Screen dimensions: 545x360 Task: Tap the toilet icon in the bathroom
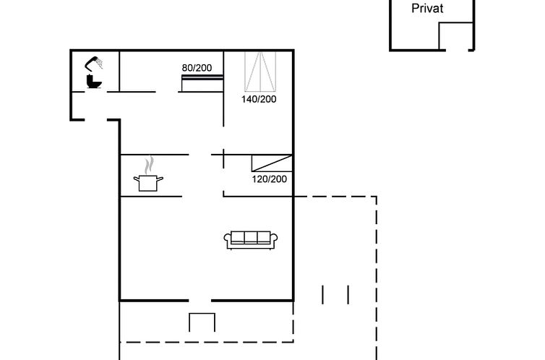point(93,81)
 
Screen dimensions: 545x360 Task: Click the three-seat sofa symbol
point(251,240)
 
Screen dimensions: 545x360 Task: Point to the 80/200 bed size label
point(197,68)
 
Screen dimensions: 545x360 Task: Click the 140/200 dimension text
point(259,99)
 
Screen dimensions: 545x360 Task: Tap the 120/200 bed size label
point(270,179)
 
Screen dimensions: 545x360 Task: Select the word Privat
point(427,9)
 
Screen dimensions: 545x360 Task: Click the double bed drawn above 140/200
point(260,72)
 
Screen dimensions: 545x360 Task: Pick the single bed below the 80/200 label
point(202,83)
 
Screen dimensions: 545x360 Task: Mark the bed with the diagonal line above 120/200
point(272,163)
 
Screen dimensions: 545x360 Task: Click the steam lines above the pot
point(149,165)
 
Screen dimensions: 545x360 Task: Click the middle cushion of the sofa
point(251,237)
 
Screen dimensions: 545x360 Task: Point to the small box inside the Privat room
point(455,36)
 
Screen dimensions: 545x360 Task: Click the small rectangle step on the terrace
point(202,322)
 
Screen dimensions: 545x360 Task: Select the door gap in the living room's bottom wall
point(199,300)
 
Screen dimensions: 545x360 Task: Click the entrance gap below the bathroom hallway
point(95,120)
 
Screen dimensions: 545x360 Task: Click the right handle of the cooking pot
point(160,179)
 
